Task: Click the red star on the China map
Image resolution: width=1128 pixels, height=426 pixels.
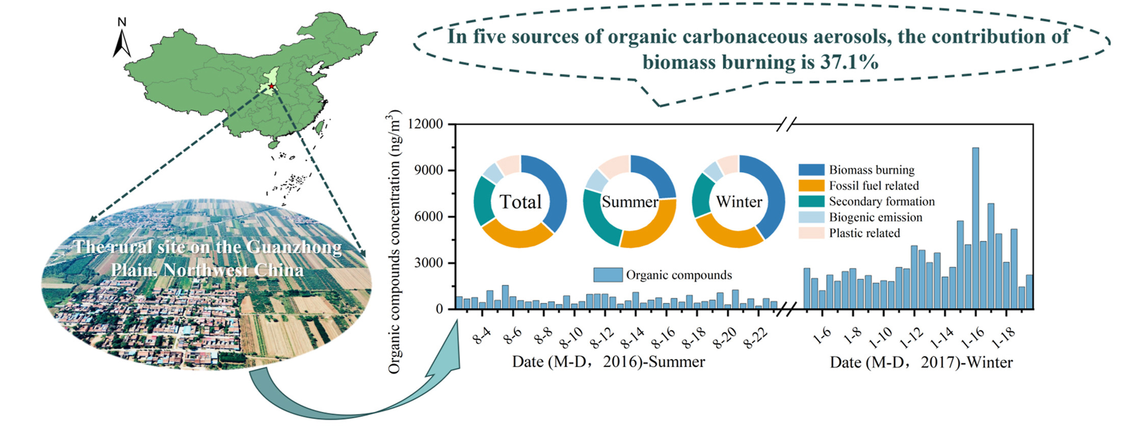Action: [x=271, y=87]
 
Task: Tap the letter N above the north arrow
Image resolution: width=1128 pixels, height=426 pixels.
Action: [x=122, y=22]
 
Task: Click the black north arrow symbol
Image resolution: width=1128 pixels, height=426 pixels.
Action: [x=122, y=44]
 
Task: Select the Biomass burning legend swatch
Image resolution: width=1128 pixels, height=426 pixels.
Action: [x=811, y=170]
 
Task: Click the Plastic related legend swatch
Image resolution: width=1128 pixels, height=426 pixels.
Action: [x=811, y=233]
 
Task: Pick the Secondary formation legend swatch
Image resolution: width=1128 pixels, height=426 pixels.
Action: [x=811, y=202]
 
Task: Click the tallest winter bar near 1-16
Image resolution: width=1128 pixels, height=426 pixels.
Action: [x=976, y=228]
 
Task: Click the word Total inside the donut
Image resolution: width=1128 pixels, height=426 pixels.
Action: [x=520, y=202]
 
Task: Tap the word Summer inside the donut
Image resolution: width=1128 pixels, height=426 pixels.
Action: [x=630, y=202]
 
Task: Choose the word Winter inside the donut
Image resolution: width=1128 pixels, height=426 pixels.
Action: [x=739, y=202]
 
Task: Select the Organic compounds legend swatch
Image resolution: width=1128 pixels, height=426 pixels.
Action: [x=608, y=275]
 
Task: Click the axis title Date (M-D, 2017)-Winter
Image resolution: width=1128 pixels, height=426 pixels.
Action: [x=922, y=362]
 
